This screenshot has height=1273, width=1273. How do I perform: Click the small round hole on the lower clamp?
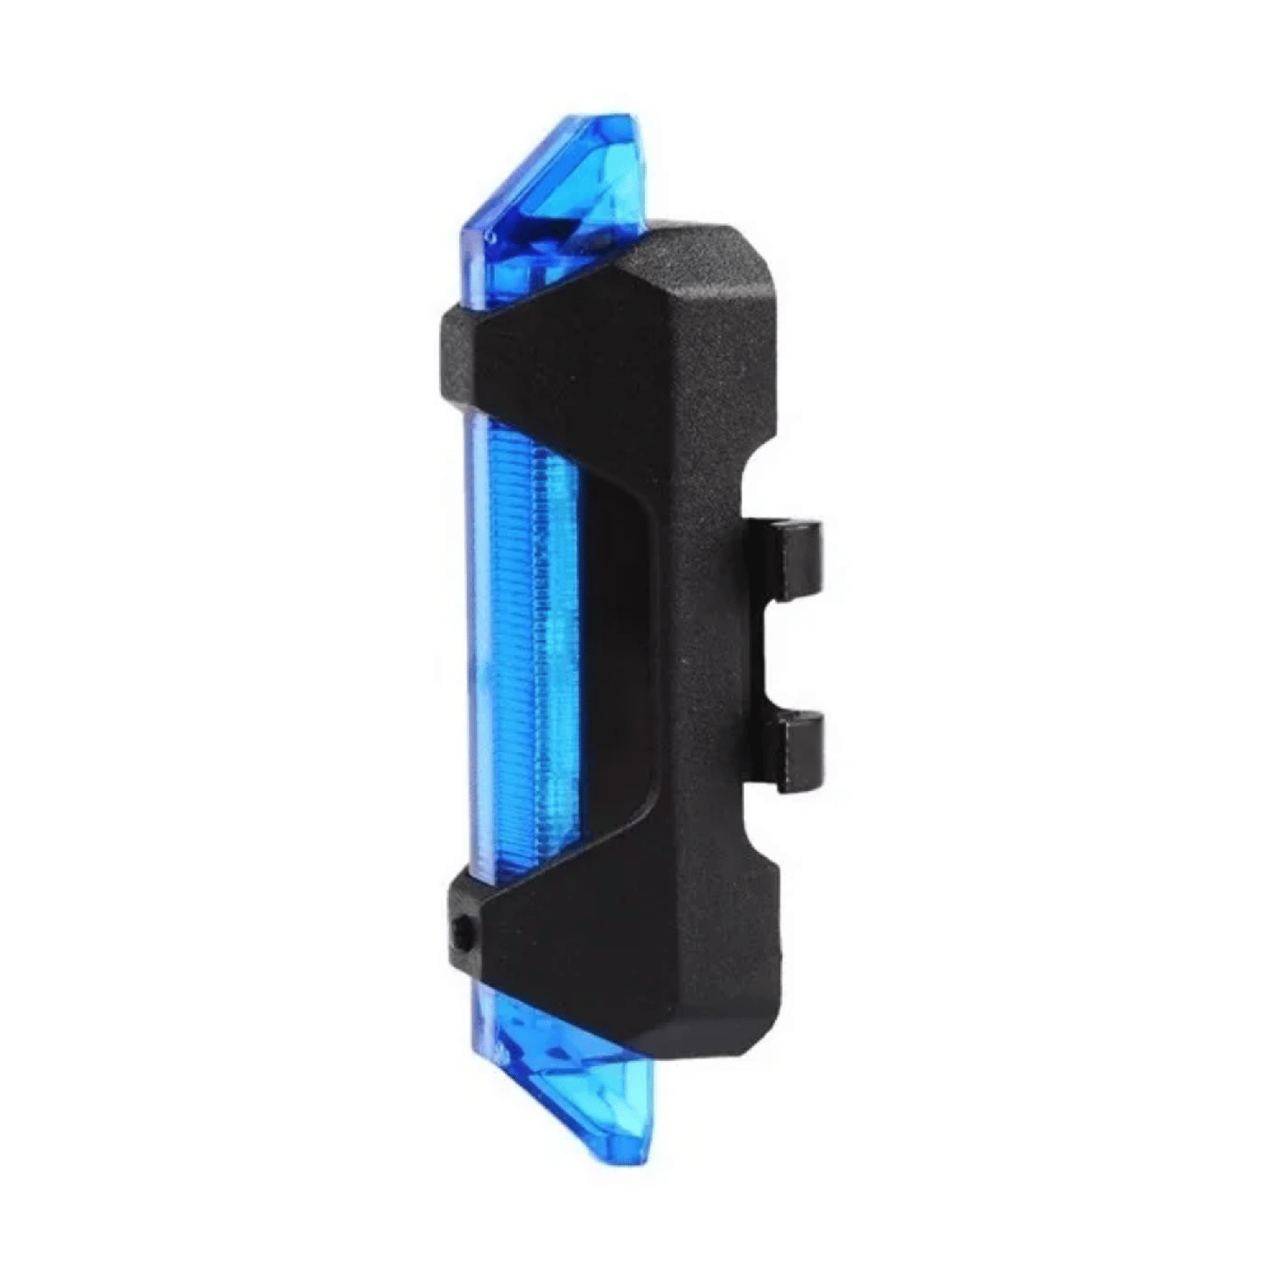pyautogui.click(x=463, y=934)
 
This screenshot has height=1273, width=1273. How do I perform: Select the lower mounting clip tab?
pyautogui.click(x=798, y=752)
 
